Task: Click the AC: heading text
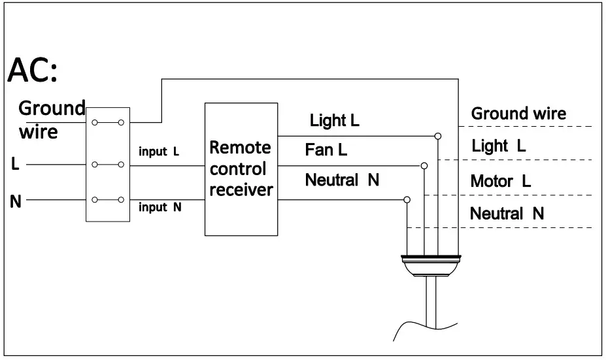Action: coord(33,71)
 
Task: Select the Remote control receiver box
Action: coord(241,169)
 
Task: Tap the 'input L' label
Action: coord(159,152)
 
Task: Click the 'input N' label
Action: coord(160,207)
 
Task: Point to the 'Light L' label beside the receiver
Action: coord(334,120)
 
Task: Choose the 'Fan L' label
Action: coord(326,150)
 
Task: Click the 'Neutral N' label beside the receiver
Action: coord(342,180)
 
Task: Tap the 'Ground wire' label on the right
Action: coord(518,113)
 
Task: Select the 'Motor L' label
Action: coord(500,181)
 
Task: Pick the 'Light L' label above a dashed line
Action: coord(498,146)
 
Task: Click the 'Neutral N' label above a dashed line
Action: coord(507,213)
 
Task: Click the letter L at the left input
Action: coord(16,164)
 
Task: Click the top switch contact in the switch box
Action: coord(108,122)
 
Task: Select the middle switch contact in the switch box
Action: coord(108,165)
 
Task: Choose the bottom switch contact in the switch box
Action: coord(108,200)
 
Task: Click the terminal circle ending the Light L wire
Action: coord(437,136)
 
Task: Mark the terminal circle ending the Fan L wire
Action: coord(425,165)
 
